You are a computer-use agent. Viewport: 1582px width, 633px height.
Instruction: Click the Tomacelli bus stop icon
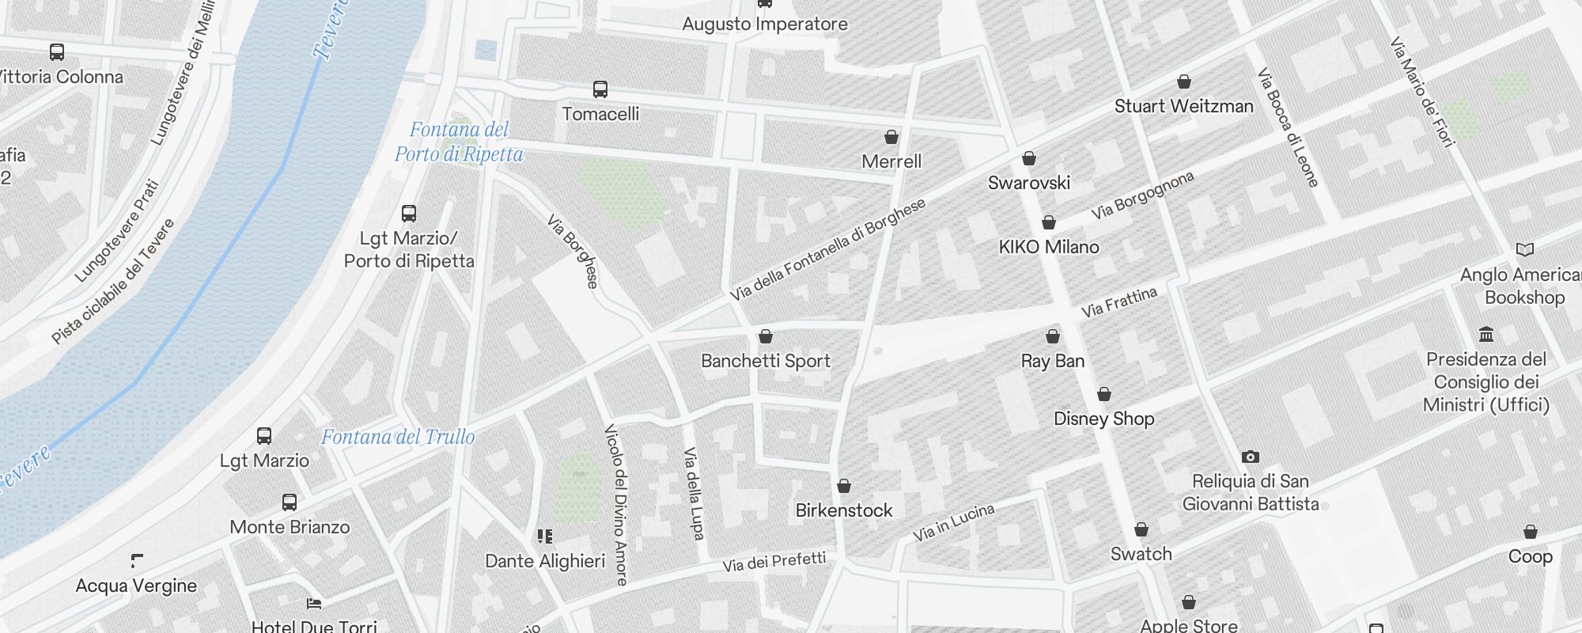[600, 89]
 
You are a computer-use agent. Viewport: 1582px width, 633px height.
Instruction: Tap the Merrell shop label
[891, 161]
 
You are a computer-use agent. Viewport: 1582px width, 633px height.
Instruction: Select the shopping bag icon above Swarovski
[1029, 159]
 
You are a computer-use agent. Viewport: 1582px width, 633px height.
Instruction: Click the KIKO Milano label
[1049, 247]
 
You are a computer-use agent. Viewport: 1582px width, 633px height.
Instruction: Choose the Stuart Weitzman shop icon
[1184, 81]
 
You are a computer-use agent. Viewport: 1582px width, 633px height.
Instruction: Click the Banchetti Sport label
[766, 361]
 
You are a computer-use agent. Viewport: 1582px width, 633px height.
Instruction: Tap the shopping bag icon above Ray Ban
[1053, 337]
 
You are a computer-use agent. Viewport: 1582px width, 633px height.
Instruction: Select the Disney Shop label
[1103, 419]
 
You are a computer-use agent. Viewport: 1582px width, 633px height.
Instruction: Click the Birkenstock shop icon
[844, 486]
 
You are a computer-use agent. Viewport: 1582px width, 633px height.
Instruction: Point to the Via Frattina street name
[1118, 302]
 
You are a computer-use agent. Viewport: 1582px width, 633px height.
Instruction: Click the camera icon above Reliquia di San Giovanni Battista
[1251, 457]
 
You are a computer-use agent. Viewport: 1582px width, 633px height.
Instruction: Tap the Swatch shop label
[1141, 554]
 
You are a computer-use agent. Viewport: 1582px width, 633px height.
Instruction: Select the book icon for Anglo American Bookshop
[1525, 250]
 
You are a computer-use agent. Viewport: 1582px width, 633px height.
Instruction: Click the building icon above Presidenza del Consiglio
[1486, 335]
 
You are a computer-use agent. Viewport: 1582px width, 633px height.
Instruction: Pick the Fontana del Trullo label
[398, 437]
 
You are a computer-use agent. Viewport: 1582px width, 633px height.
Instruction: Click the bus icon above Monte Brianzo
[290, 502]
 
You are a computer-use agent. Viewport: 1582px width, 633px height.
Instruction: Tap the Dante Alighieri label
[545, 561]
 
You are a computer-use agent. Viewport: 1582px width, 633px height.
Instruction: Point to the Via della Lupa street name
[694, 494]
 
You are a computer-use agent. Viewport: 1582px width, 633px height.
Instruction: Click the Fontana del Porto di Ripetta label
[459, 142]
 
